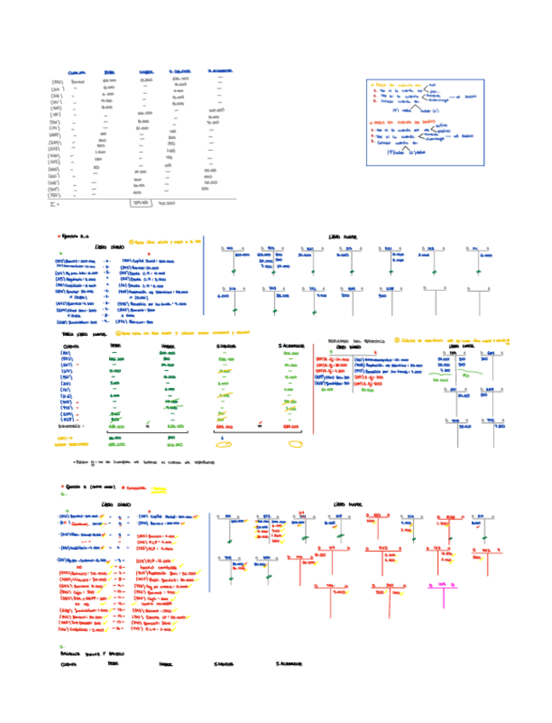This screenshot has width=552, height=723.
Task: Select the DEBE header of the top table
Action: tap(108, 73)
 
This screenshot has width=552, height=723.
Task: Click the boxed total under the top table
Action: tap(140, 203)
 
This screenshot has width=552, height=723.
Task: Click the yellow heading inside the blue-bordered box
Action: tap(400, 85)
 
